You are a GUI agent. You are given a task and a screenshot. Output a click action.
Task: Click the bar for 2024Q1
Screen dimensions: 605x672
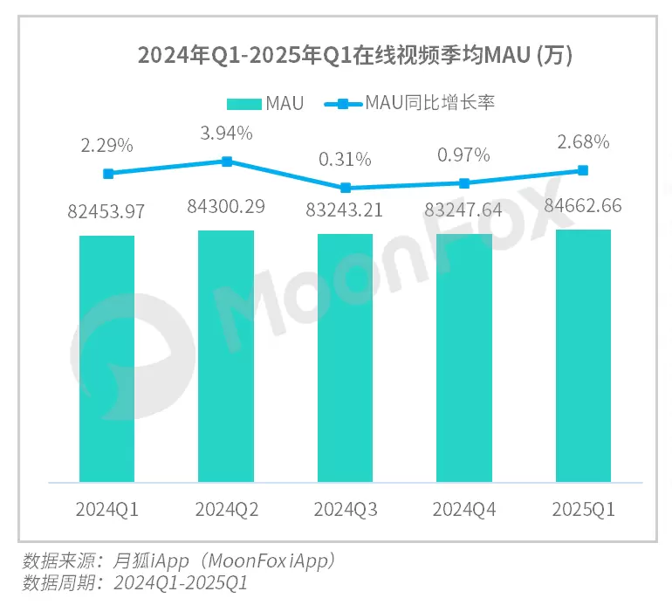106,358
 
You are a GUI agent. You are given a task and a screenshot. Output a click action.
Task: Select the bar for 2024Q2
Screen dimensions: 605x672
226,355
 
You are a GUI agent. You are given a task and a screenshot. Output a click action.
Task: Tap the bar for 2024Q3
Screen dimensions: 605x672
345,357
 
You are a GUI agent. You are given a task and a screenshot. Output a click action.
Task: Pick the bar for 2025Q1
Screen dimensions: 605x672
583,355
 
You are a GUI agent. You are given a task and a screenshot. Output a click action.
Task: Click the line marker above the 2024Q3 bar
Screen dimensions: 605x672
346,188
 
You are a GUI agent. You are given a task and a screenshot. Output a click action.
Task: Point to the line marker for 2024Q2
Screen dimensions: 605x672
226,162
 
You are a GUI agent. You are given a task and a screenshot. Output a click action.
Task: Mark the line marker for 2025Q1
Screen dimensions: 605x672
583,170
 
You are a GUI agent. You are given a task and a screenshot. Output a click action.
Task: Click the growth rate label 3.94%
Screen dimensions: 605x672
226,134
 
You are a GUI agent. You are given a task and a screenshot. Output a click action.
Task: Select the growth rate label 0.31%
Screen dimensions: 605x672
345,160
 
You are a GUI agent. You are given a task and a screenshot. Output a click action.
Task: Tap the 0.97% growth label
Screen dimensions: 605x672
463,155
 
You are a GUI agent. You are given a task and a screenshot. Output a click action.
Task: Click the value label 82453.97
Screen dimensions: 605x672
106,211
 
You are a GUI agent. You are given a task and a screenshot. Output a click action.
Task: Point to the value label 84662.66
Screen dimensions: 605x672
583,207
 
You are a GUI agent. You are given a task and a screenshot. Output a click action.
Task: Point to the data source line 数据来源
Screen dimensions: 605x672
179,560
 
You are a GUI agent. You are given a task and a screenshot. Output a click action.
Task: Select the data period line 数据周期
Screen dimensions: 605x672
135,582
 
